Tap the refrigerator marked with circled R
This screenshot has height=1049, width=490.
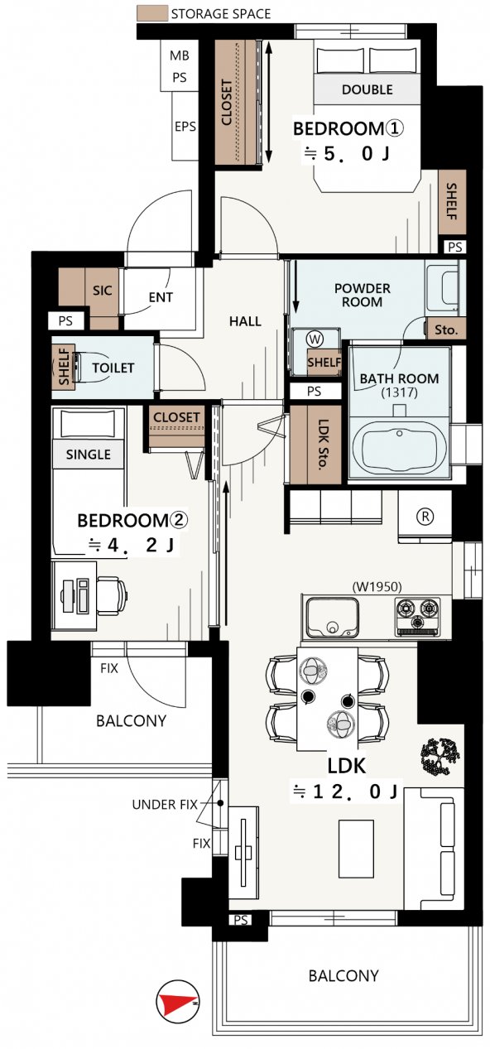[x=425, y=517]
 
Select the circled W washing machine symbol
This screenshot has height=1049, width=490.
[x=315, y=339]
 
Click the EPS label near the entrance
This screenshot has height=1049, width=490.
[x=185, y=127]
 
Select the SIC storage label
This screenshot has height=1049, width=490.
[x=103, y=291]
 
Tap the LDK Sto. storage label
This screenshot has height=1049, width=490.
[x=323, y=445]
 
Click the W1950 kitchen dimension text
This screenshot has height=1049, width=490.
[x=377, y=586]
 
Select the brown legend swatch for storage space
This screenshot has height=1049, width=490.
[x=152, y=13]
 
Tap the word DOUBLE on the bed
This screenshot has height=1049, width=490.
[x=367, y=89]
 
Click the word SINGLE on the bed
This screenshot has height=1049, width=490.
[x=89, y=455]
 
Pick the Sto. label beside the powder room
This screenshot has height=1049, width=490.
[x=446, y=330]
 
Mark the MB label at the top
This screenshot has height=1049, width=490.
[x=180, y=55]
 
